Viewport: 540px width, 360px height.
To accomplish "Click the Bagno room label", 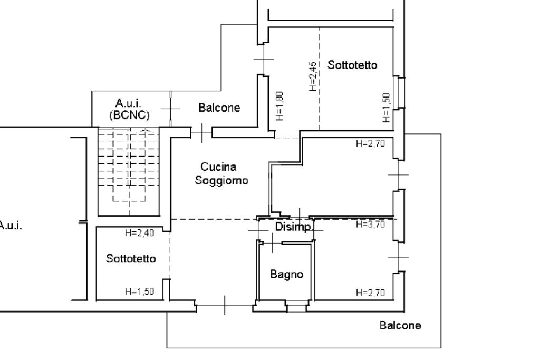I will [286, 274].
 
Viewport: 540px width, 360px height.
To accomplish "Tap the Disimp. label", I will [292, 227].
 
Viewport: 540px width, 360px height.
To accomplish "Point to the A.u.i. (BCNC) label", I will [129, 110].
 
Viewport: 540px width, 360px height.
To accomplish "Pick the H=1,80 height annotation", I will [280, 105].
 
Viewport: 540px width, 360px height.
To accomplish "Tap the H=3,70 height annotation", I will [370, 225].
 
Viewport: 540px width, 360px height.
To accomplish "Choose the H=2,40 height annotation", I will [140, 233].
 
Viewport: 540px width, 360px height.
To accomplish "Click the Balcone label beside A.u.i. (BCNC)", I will [219, 108].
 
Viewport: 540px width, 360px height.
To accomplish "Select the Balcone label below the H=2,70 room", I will [400, 325].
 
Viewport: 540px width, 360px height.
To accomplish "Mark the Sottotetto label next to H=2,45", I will [352, 65].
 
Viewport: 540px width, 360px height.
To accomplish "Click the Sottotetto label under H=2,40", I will [131, 259].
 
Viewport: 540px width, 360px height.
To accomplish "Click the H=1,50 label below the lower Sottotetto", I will [140, 291].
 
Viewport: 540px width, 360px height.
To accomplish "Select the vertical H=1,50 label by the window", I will [387, 108].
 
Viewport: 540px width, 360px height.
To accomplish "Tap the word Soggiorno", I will [221, 180].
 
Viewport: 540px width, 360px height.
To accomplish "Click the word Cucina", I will [218, 167].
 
